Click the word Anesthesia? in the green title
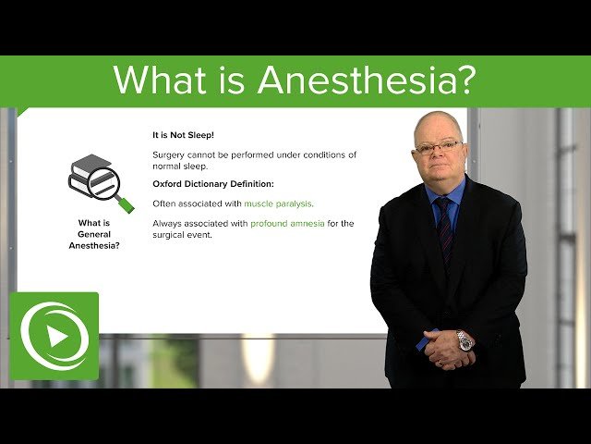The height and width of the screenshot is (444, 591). [x=367, y=80]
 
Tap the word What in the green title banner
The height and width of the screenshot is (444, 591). [x=155, y=80]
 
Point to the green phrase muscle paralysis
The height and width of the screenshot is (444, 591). [x=278, y=203]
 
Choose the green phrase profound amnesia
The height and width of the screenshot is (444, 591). [x=287, y=224]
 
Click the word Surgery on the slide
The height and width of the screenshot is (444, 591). [x=170, y=154]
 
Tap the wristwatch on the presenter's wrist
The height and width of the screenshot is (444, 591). [x=464, y=340]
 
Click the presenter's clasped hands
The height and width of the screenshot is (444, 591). [x=448, y=344]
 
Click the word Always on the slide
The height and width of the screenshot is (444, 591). [x=170, y=224]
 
